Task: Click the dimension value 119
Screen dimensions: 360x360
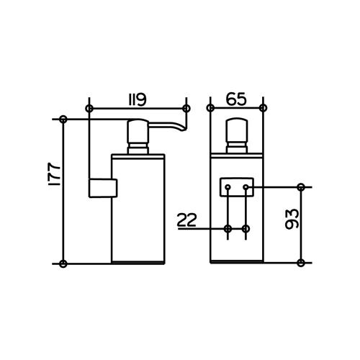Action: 138,97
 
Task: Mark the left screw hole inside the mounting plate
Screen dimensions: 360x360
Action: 228,187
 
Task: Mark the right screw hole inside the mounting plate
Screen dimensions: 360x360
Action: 246,187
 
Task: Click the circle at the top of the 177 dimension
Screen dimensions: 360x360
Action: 64,119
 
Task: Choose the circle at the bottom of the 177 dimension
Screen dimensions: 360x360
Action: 64,263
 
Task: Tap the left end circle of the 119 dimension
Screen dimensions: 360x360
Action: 89,108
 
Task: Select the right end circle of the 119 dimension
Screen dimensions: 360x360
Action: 186,108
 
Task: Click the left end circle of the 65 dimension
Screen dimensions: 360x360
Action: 210,108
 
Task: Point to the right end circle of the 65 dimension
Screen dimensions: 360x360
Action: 263,108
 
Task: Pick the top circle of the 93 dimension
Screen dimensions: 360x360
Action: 301,187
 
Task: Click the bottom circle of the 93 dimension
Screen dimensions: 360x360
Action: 301,263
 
